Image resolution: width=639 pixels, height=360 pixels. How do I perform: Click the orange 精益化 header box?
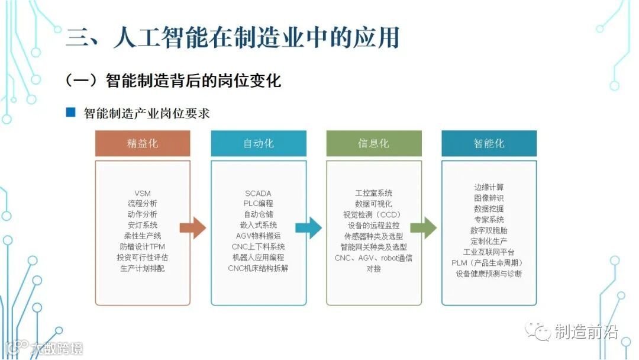(x=143, y=144)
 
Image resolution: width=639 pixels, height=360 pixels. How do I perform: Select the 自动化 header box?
(x=259, y=144)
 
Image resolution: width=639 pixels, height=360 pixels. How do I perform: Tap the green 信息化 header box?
(x=373, y=144)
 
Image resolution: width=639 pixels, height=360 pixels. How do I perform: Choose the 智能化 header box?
(x=489, y=144)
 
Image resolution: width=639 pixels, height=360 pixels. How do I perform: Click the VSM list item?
(x=143, y=193)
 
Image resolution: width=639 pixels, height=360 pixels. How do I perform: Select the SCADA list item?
(x=258, y=193)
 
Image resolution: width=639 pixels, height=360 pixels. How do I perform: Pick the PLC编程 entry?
(x=258, y=204)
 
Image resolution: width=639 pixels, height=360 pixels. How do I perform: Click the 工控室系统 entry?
(x=373, y=193)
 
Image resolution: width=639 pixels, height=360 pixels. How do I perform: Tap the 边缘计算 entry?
(x=489, y=188)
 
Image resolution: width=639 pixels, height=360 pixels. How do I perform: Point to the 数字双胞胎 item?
(x=489, y=230)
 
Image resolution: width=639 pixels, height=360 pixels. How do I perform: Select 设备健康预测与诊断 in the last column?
(x=489, y=274)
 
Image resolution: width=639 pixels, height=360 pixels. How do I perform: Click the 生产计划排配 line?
(x=143, y=268)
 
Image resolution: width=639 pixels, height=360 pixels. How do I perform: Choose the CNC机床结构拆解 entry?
(x=258, y=268)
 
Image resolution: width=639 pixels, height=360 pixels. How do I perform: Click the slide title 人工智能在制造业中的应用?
(x=254, y=37)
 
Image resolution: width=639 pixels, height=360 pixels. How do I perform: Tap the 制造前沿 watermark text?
(x=586, y=332)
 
